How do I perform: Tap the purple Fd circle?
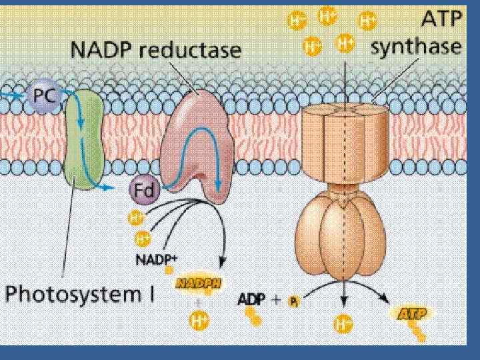click(x=143, y=192)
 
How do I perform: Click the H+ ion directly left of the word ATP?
click(x=367, y=21)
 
